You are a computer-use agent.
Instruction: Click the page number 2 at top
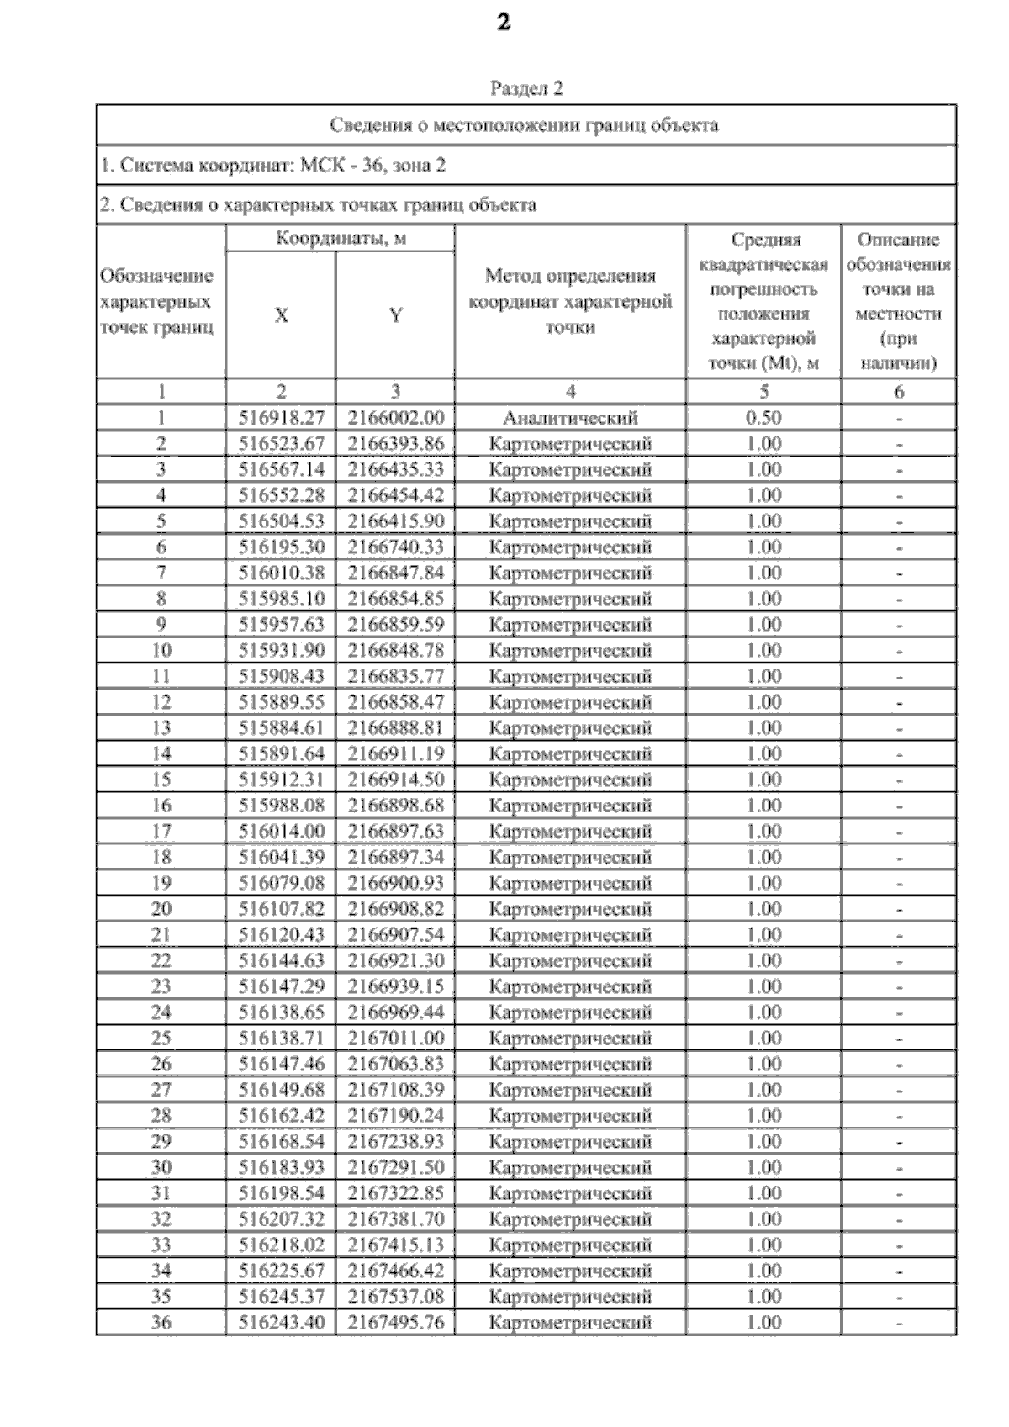(x=504, y=23)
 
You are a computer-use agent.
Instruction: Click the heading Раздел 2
(x=526, y=88)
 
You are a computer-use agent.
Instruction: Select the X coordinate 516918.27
(x=281, y=418)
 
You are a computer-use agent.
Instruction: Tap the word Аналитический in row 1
(x=570, y=418)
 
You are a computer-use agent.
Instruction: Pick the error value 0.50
(x=763, y=418)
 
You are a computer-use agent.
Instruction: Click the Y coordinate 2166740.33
(x=395, y=547)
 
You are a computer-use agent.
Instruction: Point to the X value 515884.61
(x=281, y=728)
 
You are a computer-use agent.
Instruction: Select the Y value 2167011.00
(x=395, y=1039)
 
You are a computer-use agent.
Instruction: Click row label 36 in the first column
(x=161, y=1323)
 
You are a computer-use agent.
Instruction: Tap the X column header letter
(x=281, y=315)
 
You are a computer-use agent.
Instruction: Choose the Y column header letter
(x=395, y=315)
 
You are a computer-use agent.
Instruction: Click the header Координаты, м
(x=341, y=238)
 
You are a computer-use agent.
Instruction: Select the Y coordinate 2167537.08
(x=395, y=1297)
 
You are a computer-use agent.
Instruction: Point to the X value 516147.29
(x=281, y=986)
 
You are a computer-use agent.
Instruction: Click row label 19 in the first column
(x=161, y=883)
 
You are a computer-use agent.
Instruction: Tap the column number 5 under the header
(x=763, y=391)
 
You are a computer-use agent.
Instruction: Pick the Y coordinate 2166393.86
(x=395, y=444)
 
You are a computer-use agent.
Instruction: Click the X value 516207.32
(x=281, y=1219)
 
